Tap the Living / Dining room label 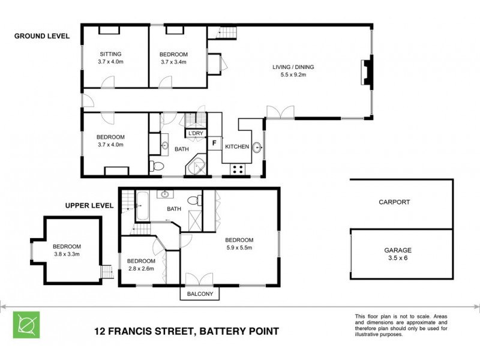294,67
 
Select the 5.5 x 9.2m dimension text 294,75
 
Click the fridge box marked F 213,144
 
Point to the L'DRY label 194,133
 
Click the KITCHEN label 236,146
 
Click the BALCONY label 200,293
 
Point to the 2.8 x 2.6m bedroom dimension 141,269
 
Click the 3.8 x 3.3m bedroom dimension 67,254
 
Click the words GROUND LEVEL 42,36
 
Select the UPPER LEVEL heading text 89,205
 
